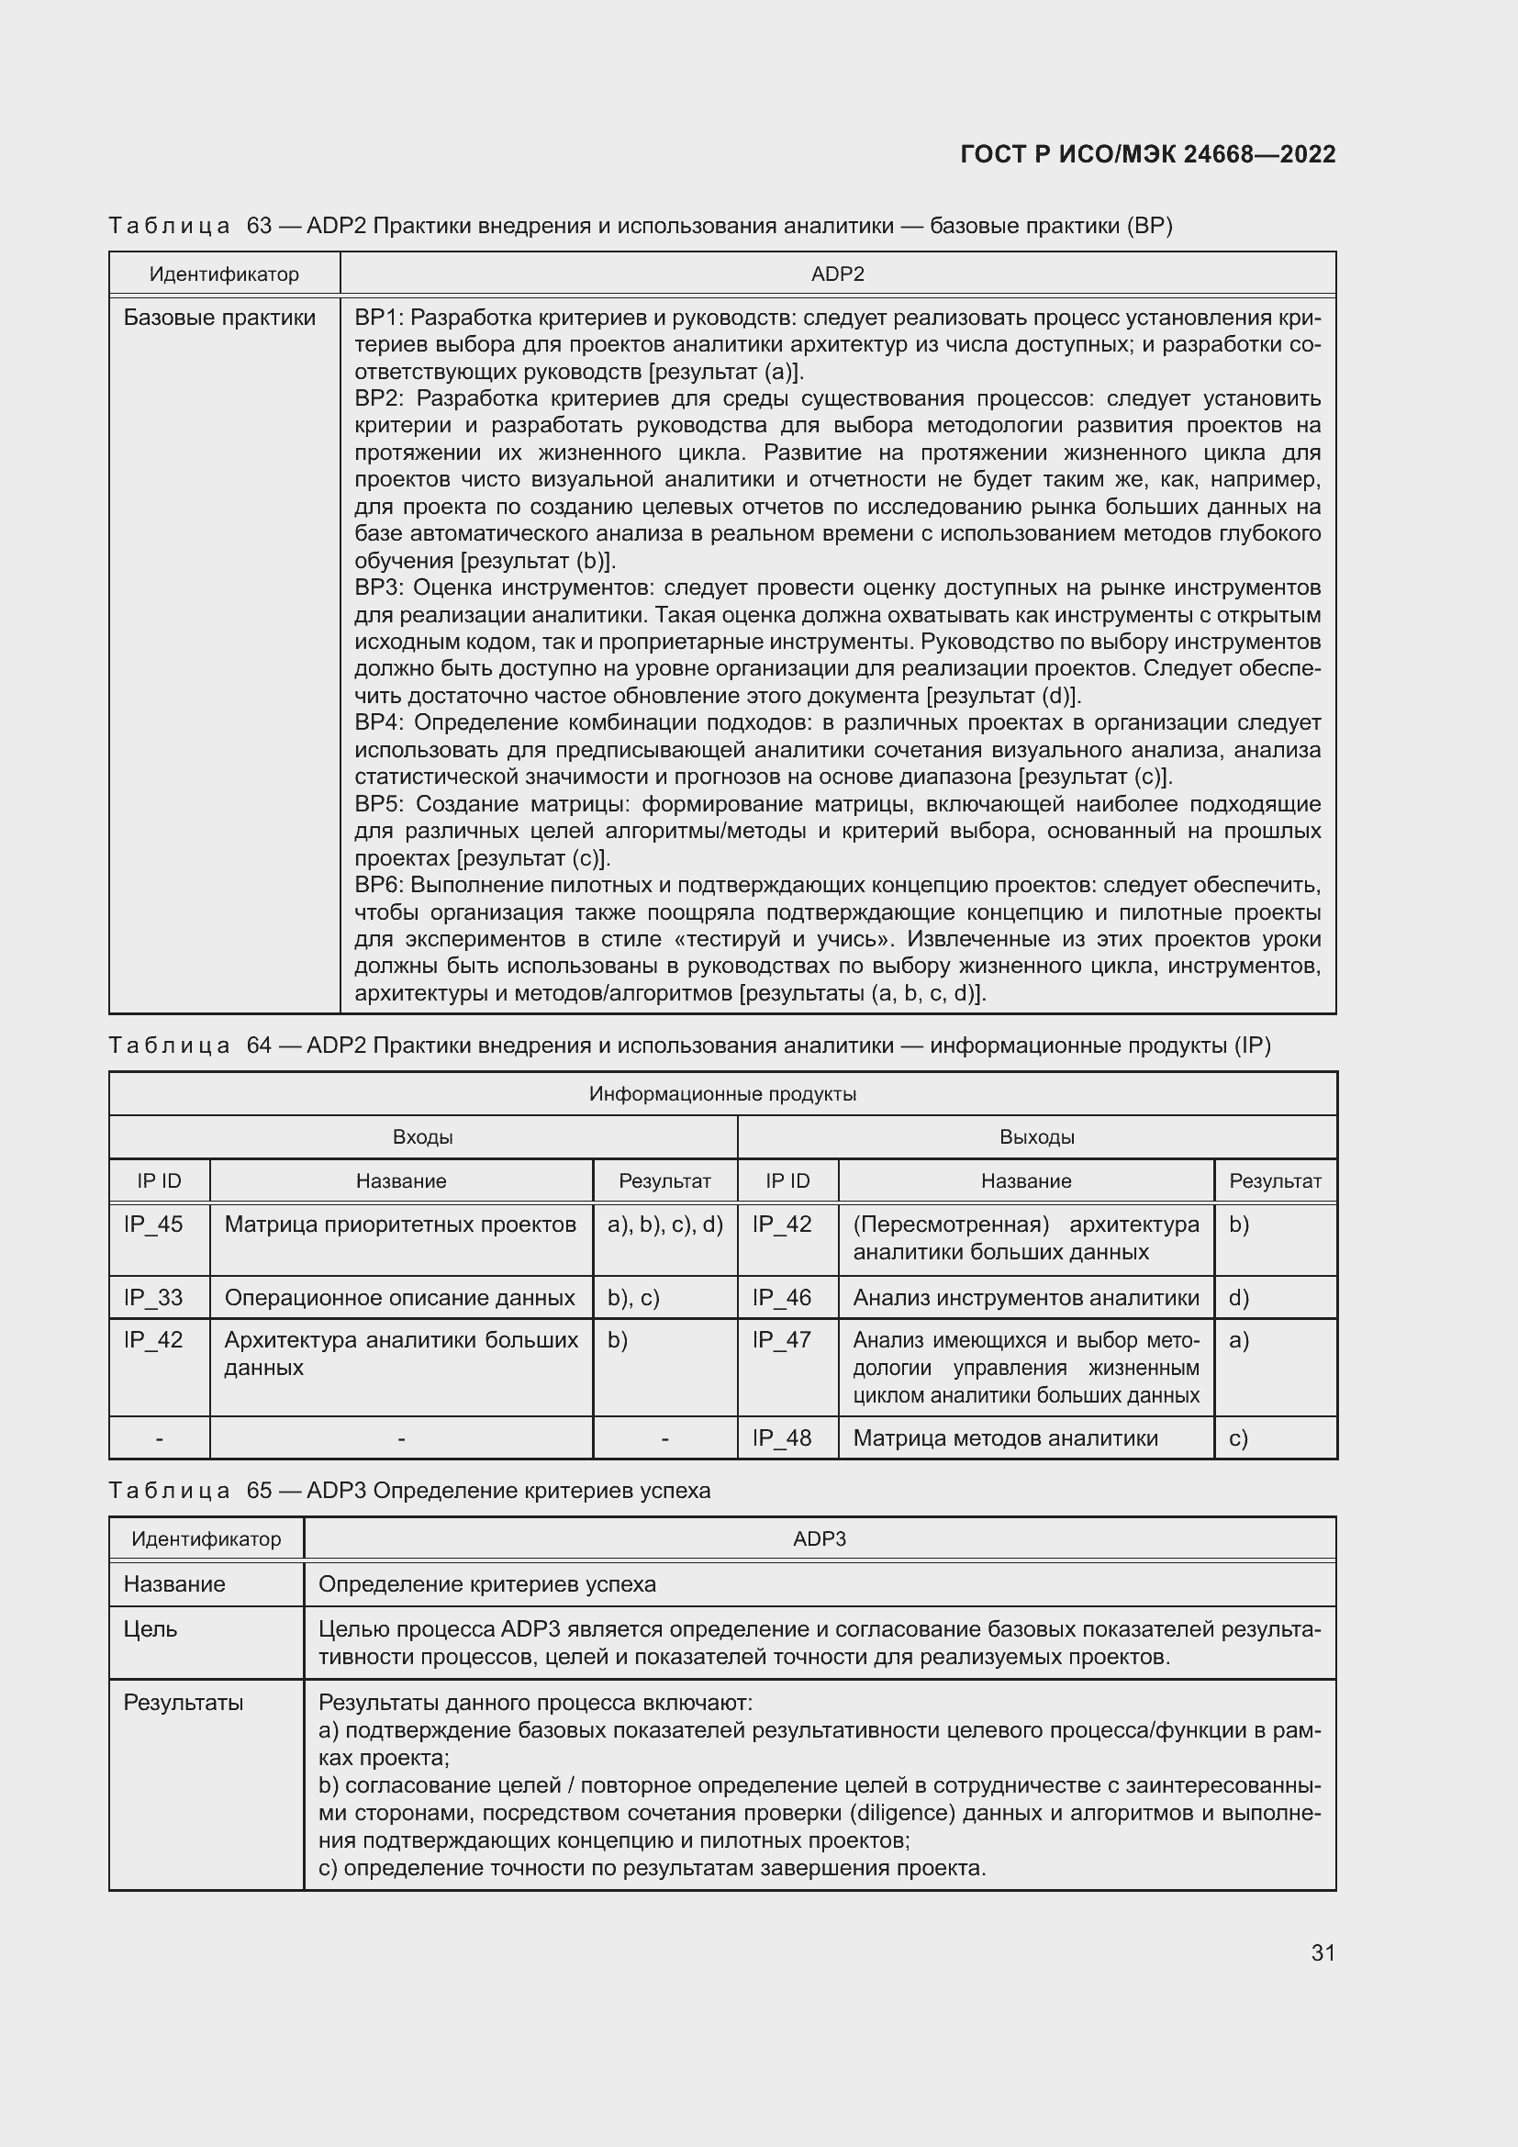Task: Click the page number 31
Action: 1323,1952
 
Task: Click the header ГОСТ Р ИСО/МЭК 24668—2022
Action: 1148,154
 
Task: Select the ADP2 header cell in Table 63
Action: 838,274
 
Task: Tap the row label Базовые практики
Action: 219,318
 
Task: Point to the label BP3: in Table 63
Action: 377,587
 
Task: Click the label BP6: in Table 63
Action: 377,885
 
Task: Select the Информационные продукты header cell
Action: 722,1094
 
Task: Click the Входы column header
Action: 422,1137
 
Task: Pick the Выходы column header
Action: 1036,1137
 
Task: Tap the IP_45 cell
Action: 153,1224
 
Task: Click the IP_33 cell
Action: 153,1297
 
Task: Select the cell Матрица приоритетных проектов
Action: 400,1224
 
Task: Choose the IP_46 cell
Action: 781,1297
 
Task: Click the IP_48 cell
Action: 781,1437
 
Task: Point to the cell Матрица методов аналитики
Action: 1005,1437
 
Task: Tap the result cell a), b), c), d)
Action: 664,1224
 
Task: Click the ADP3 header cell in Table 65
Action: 819,1538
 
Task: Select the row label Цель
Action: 151,1629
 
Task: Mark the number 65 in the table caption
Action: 259,1491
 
